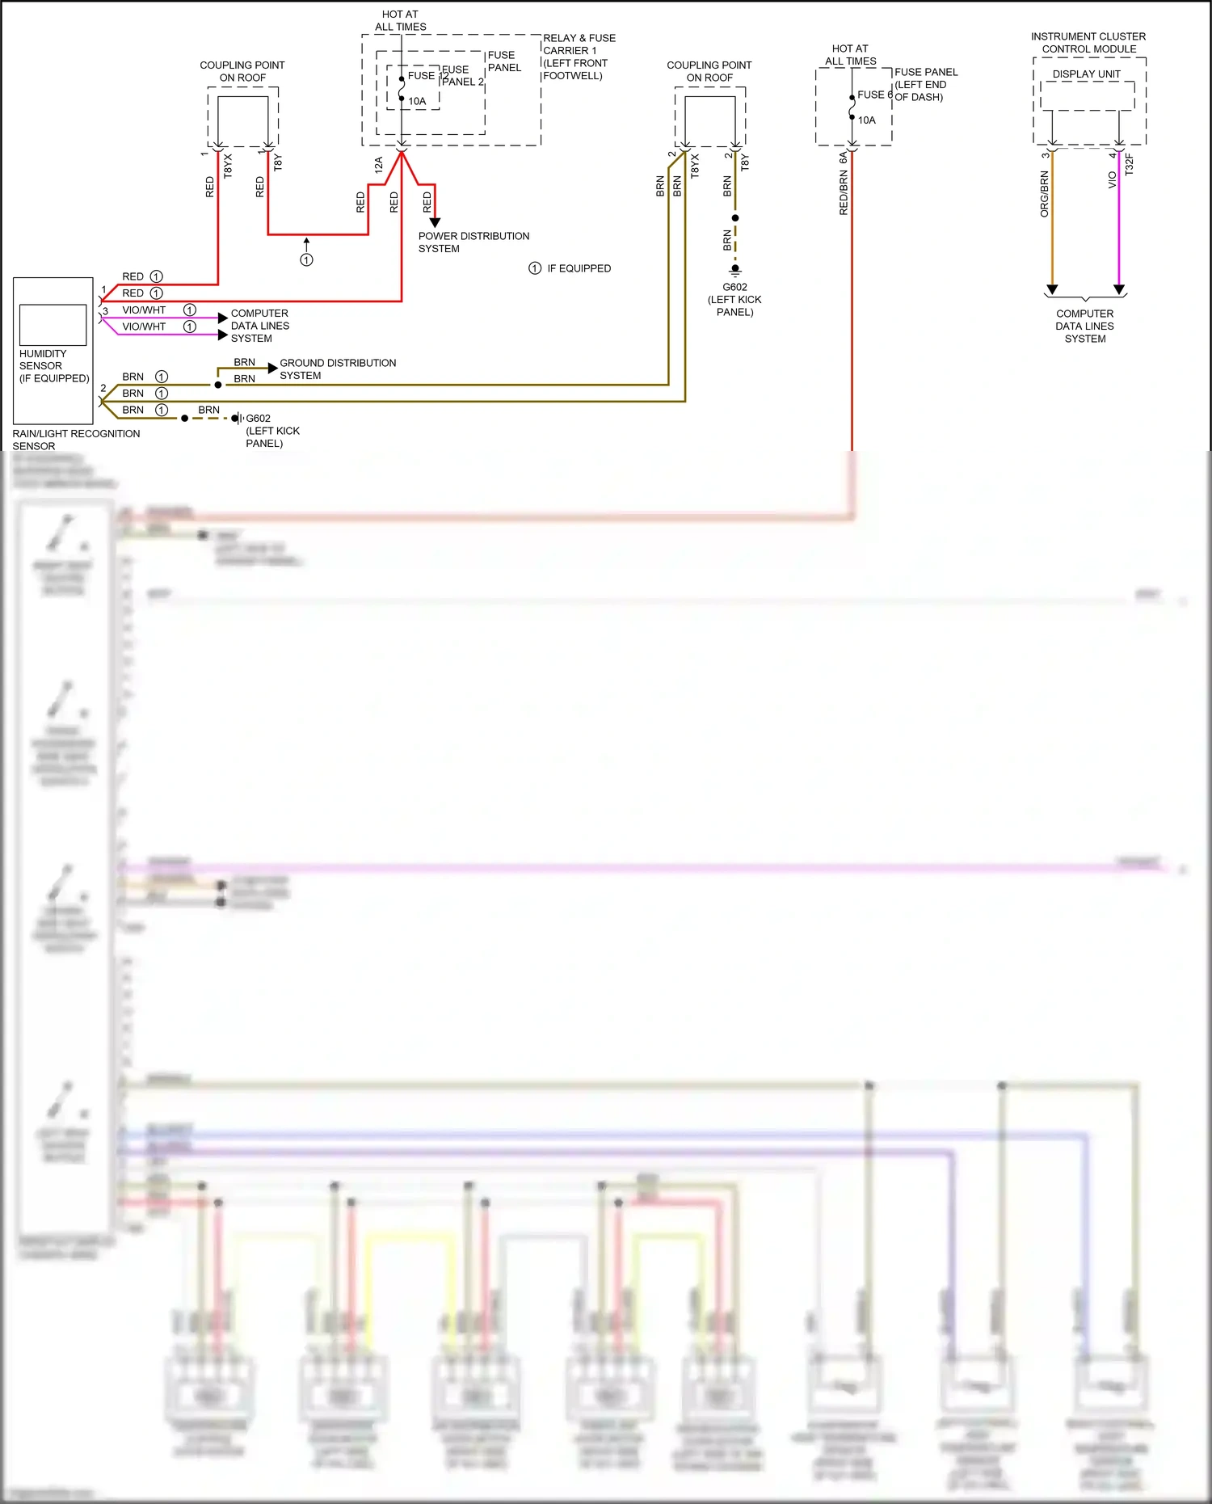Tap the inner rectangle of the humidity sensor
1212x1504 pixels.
pyautogui.click(x=53, y=325)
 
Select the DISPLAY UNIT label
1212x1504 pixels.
pyautogui.click(x=1086, y=74)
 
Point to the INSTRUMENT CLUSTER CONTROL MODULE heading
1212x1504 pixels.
pyautogui.click(x=1088, y=43)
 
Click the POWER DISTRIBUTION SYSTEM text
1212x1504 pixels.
pyautogui.click(x=473, y=242)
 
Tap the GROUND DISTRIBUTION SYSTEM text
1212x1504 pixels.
pyautogui.click(x=337, y=369)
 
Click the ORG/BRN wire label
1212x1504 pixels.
pyautogui.click(x=1044, y=194)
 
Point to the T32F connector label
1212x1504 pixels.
pyautogui.click(x=1129, y=165)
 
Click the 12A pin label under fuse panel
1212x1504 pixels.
pyautogui.click(x=378, y=166)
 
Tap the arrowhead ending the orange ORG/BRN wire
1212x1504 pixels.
pyautogui.click(x=1051, y=289)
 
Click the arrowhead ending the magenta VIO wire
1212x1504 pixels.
pyautogui.click(x=1118, y=289)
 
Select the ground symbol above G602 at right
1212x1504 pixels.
pyautogui.click(x=734, y=270)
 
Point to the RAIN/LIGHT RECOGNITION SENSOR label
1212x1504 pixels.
pyautogui.click(x=75, y=440)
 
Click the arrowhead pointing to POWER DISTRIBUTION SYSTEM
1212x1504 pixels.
pyautogui.click(x=435, y=222)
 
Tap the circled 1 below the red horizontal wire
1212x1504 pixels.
pyautogui.click(x=306, y=259)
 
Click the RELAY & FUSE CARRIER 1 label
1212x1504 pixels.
pyautogui.click(x=579, y=57)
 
